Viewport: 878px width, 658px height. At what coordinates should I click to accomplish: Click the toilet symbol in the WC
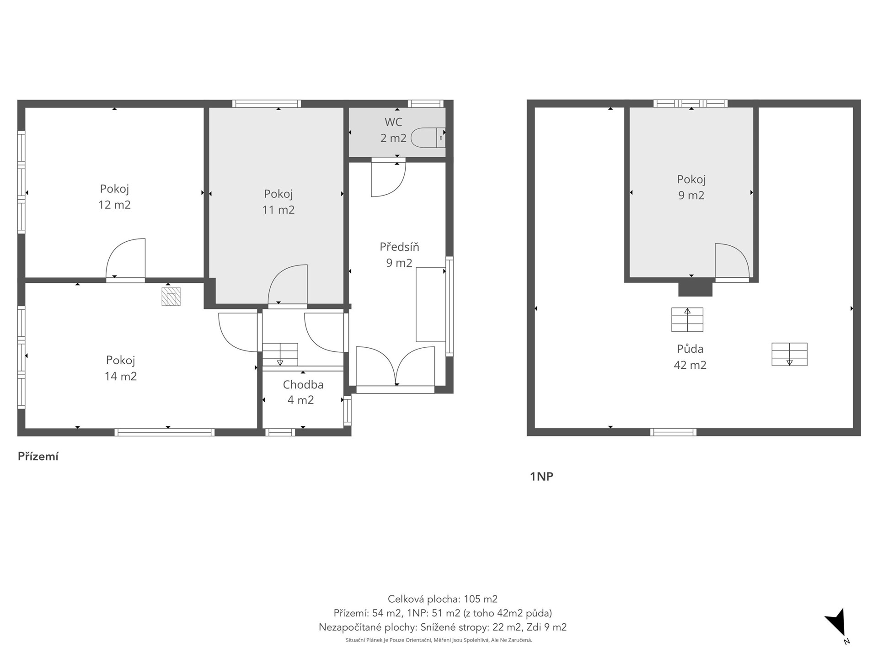pos(428,138)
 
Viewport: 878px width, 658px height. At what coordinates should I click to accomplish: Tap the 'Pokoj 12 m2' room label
pos(114,196)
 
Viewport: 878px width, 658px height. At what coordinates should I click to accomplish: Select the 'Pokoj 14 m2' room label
pos(121,368)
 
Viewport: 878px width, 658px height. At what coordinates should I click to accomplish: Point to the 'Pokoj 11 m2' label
pos(278,202)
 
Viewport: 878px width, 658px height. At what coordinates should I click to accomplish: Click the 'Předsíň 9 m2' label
pos(399,255)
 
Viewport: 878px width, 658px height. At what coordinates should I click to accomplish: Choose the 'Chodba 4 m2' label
pos(303,392)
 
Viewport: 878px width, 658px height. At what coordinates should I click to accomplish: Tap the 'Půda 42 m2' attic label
pos(690,357)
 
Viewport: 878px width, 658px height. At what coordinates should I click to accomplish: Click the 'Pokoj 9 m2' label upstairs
pos(691,187)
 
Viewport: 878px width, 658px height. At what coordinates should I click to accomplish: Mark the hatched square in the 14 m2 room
pos(171,297)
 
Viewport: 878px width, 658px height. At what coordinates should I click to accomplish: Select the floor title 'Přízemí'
pos(38,456)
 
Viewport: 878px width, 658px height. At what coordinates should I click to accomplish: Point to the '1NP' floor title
pos(541,477)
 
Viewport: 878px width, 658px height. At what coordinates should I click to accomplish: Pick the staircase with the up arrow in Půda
pos(687,320)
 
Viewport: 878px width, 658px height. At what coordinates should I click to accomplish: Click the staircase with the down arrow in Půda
pos(789,354)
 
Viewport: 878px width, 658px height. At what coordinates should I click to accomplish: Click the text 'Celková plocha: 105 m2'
pos(443,599)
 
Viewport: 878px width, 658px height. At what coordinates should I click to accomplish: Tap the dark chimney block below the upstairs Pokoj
pos(695,288)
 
